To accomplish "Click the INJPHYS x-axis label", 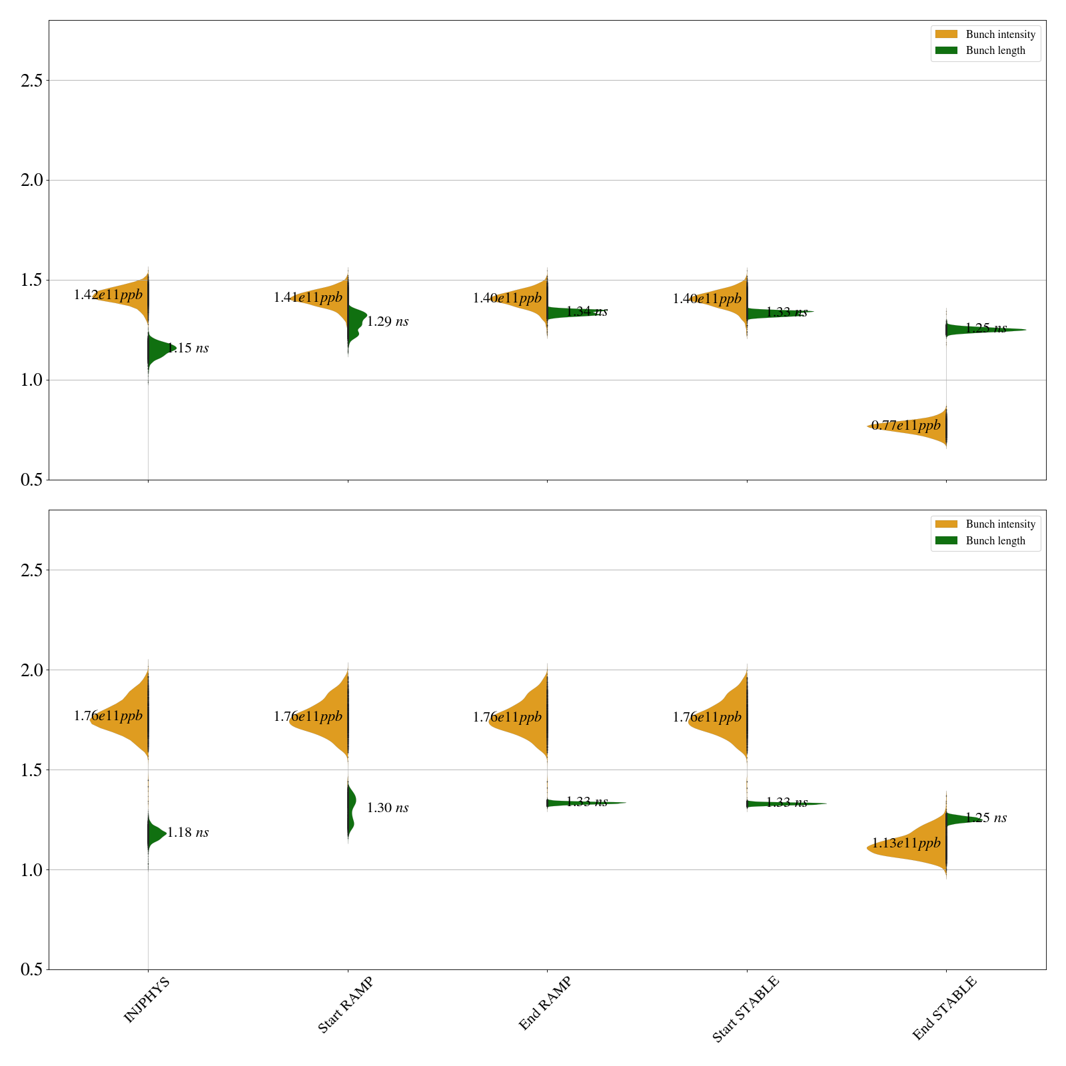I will click(147, 999).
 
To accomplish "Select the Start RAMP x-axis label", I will click(345, 1005).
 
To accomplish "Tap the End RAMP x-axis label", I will click(545, 1003).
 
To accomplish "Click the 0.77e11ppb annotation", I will click(906, 426).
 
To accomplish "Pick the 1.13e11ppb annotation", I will click(906, 843).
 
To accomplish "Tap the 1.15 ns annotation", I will click(188, 348).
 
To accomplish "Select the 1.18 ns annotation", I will click(188, 832).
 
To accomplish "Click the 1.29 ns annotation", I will click(388, 322).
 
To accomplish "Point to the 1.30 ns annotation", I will click(388, 808).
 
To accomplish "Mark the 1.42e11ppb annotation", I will click(108, 295).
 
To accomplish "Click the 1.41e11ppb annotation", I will click(308, 298).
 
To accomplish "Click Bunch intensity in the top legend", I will click(1000, 35).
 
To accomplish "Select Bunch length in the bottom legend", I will click(995, 541).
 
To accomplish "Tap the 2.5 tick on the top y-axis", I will click(31, 81).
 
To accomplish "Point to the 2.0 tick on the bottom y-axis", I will click(31, 670).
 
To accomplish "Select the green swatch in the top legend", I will click(946, 51).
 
